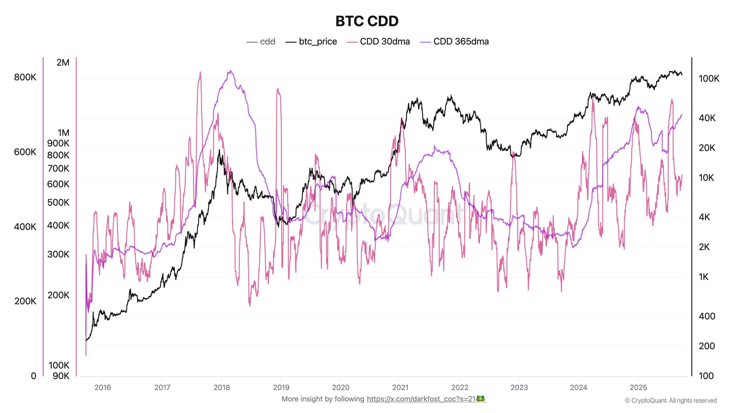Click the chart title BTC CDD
point(367,21)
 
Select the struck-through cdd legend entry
point(267,42)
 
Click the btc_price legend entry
point(318,42)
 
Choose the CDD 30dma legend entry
point(384,42)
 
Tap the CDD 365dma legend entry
point(460,42)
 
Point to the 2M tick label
point(63,62)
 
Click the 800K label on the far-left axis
point(25,77)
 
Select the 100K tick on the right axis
point(709,79)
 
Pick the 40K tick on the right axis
point(707,118)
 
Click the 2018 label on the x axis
point(221,388)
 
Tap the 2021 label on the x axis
point(400,388)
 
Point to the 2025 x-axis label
point(638,388)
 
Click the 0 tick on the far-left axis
point(33,376)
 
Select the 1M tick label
point(64,133)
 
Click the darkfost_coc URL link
point(421,399)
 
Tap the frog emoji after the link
point(481,399)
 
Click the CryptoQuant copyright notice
point(670,400)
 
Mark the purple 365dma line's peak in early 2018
point(230,71)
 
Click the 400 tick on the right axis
point(707,316)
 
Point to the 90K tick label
point(61,376)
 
